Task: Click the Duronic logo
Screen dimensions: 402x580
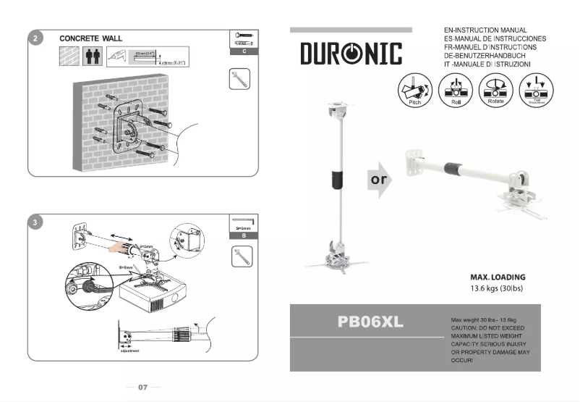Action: [x=351, y=53]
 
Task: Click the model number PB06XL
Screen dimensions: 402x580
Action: [x=370, y=322]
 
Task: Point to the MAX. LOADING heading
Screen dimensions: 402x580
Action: [x=498, y=277]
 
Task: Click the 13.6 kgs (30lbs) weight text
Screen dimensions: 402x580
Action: [x=496, y=288]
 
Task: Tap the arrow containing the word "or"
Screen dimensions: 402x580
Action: [x=380, y=179]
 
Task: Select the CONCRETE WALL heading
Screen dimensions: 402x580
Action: [x=90, y=38]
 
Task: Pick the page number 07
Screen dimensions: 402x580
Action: [x=142, y=388]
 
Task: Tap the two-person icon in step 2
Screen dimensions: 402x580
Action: [x=93, y=56]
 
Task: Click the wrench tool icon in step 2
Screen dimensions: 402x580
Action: [x=239, y=79]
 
